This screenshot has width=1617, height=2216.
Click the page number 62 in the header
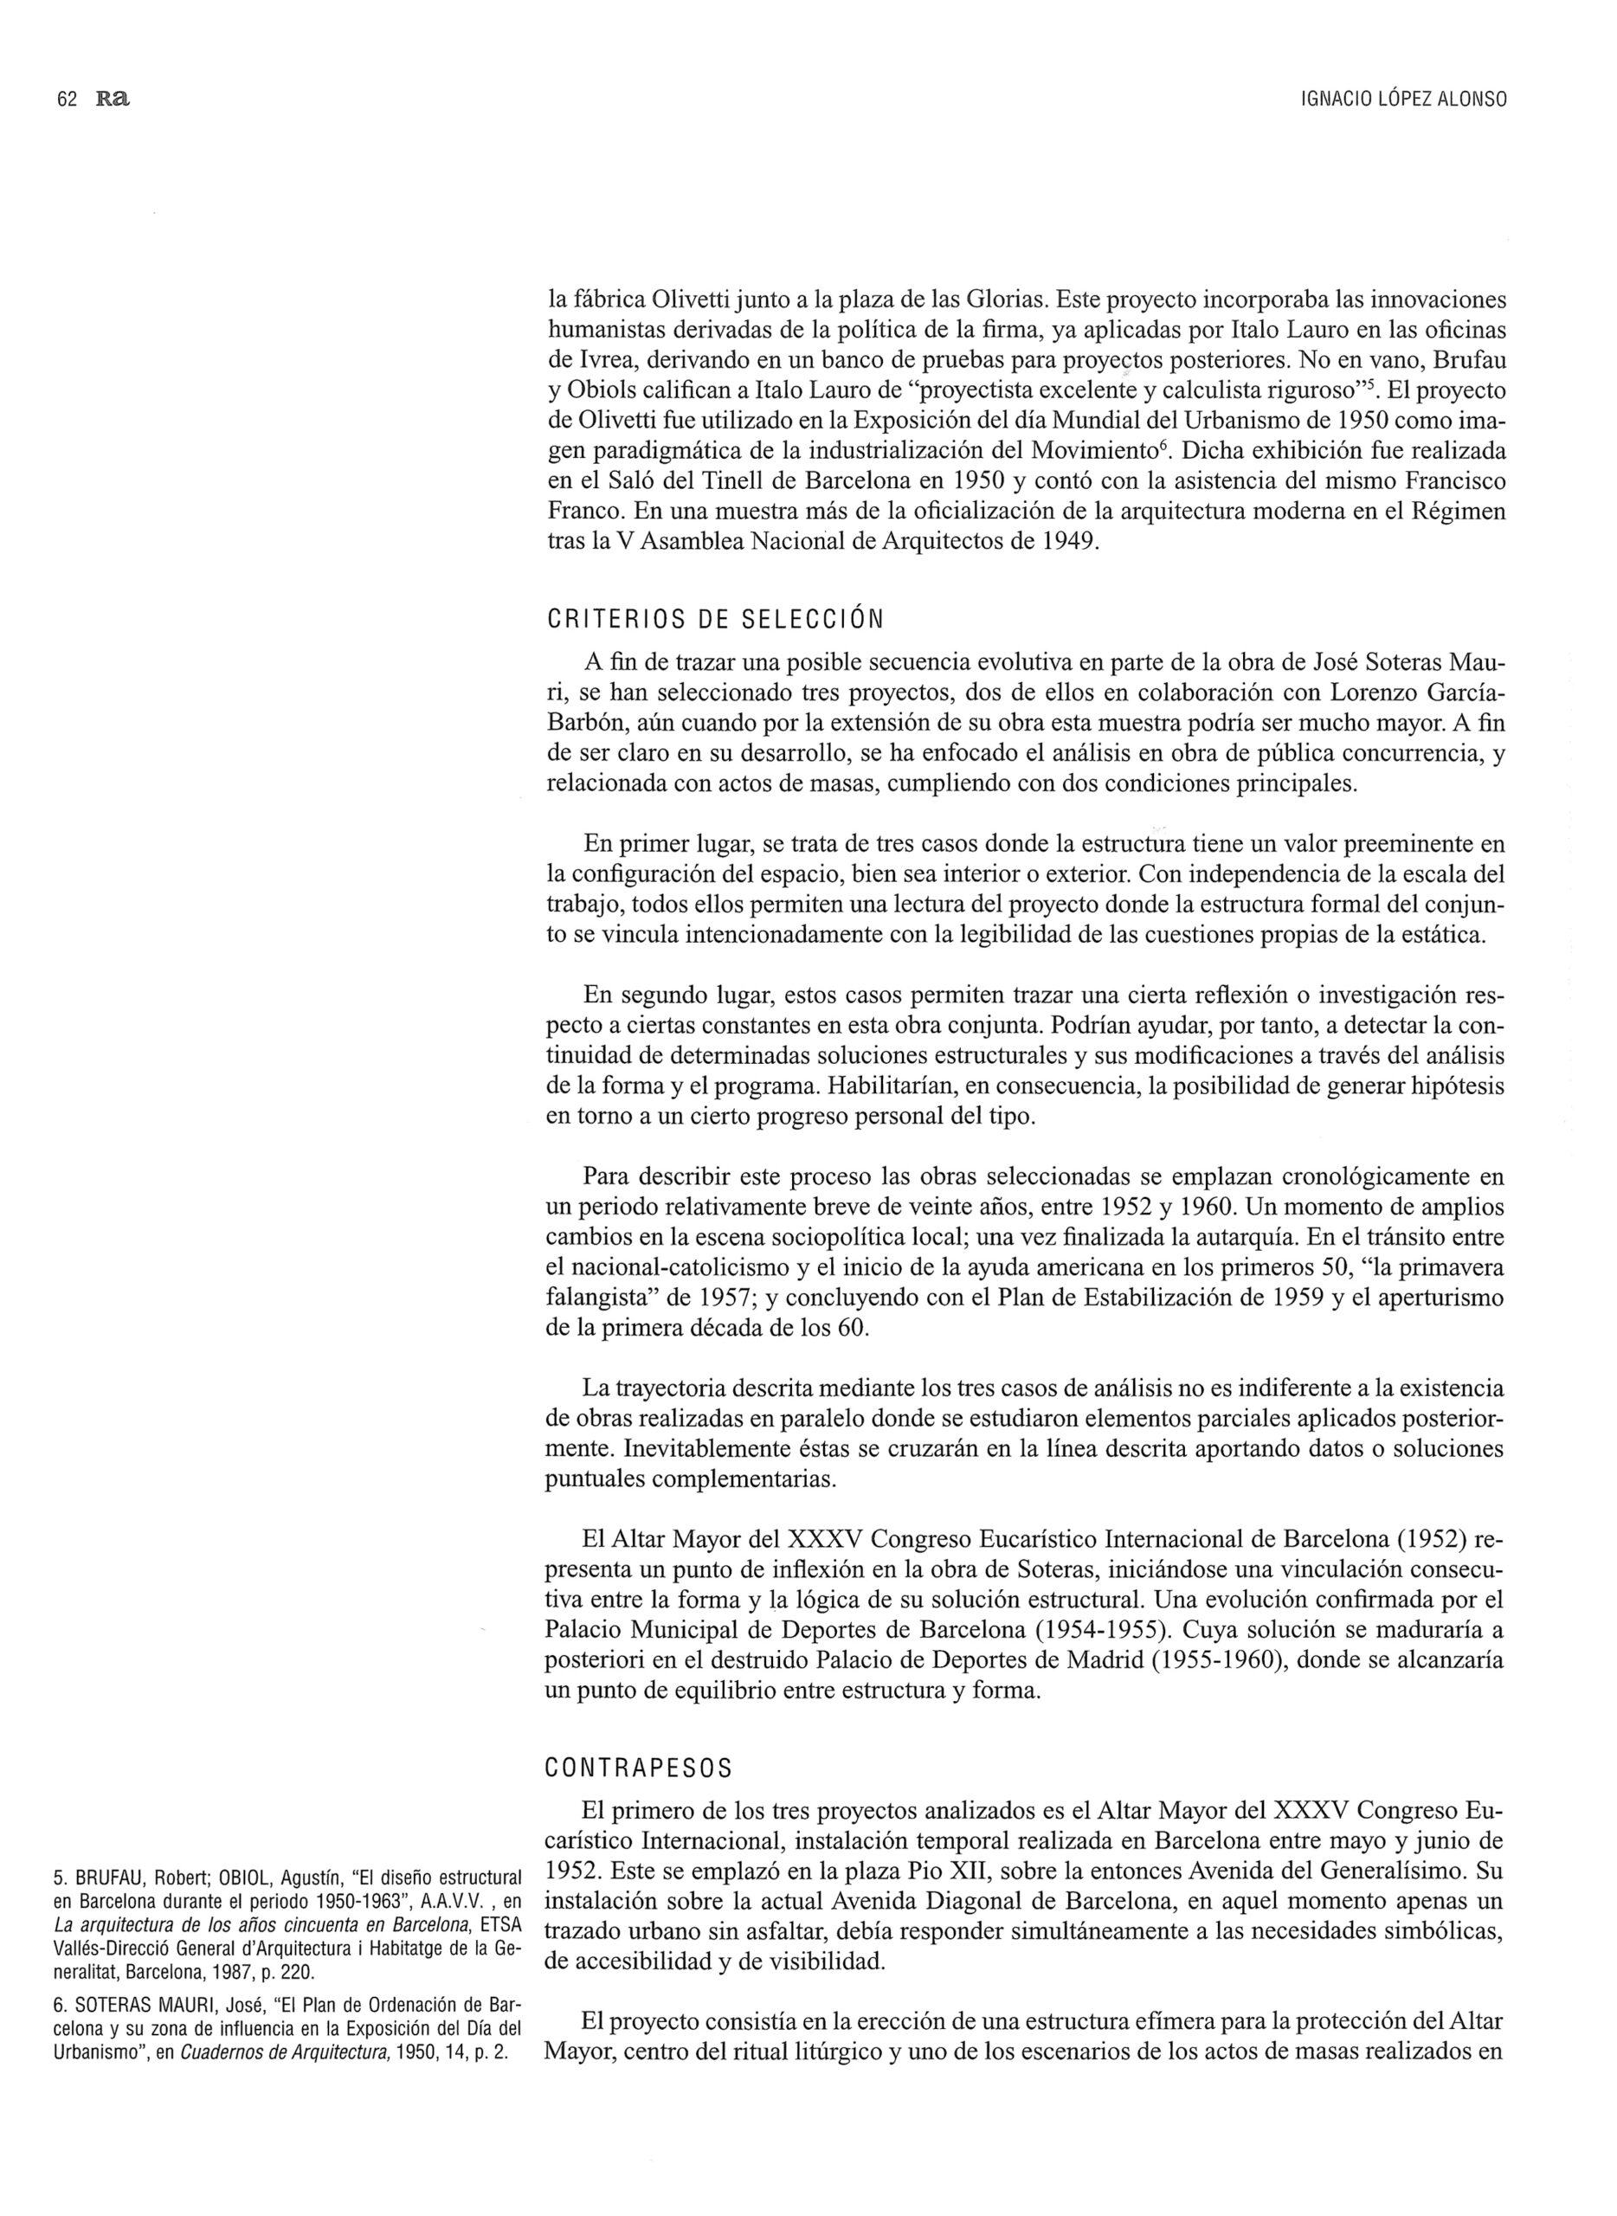(68, 100)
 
